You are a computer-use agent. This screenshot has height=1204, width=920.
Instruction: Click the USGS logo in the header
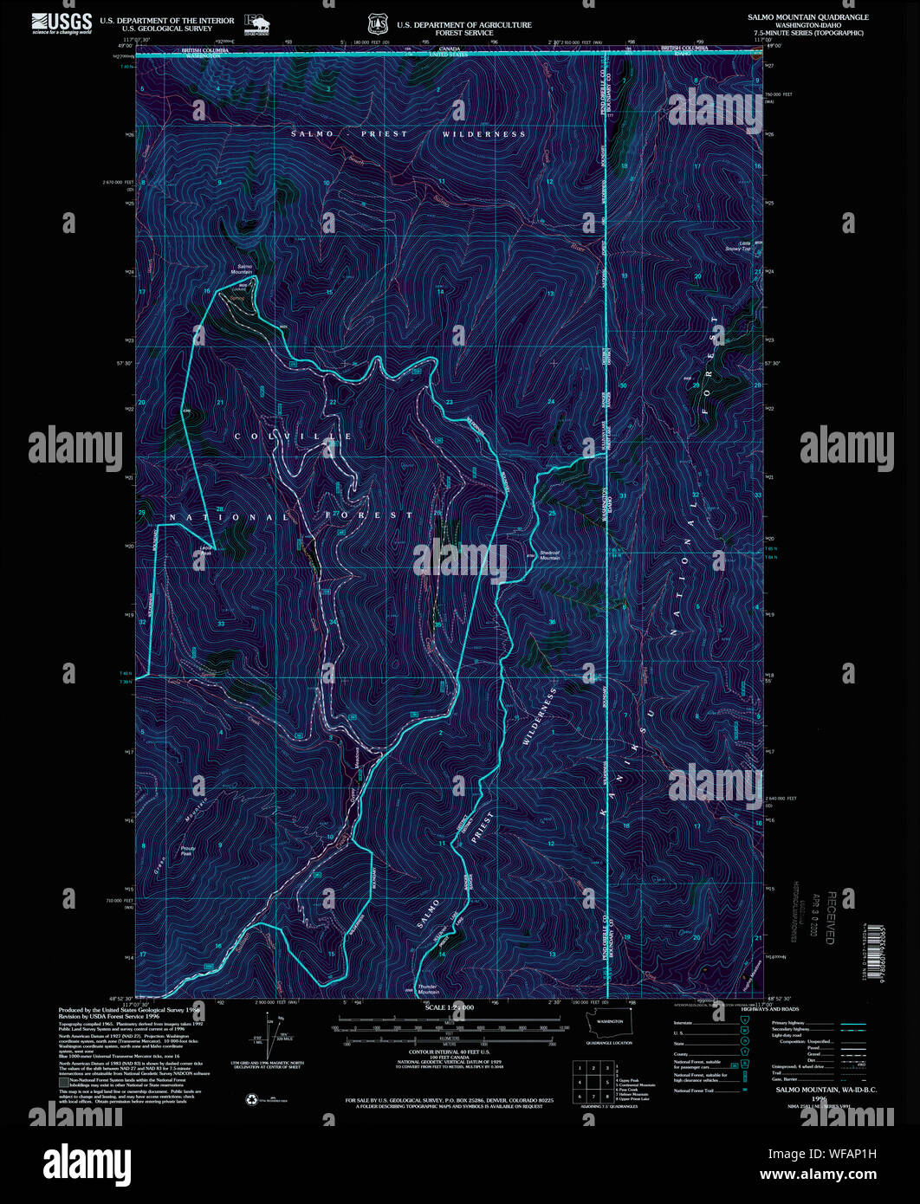click(62, 23)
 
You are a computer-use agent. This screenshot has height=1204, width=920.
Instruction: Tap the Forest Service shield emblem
click(375, 24)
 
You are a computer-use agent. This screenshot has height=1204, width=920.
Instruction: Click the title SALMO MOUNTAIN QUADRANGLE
click(807, 17)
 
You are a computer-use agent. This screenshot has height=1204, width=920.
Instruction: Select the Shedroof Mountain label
click(550, 555)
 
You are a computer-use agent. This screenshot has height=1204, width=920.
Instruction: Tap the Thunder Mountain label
click(428, 988)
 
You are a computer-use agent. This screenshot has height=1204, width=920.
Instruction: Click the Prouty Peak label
click(186, 851)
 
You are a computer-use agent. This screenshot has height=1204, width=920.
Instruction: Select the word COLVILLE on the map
click(294, 437)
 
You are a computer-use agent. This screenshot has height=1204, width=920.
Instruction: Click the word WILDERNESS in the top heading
click(483, 134)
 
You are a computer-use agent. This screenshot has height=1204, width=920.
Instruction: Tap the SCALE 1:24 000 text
click(449, 1008)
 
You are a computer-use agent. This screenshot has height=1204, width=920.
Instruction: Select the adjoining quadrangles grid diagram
click(589, 1081)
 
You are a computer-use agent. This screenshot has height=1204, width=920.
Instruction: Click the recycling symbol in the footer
click(252, 1099)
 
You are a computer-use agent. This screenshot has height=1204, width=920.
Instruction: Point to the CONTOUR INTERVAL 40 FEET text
click(449, 1055)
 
